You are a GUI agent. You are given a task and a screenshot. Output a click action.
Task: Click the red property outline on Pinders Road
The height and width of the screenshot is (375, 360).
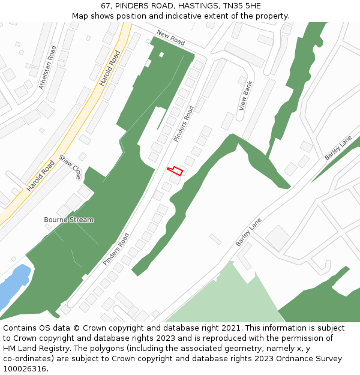175,171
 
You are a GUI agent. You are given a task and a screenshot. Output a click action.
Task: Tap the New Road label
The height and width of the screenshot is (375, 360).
170,38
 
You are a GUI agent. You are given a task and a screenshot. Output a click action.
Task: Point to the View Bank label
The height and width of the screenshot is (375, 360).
247,95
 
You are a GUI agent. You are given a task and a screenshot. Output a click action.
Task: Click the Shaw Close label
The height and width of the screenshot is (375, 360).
70,167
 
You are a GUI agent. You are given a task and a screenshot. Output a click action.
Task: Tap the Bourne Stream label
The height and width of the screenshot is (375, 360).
69,220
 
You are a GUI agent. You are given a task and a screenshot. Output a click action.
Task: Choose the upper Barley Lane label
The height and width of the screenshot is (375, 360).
338,148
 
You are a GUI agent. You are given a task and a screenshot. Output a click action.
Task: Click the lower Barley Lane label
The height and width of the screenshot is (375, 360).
249,232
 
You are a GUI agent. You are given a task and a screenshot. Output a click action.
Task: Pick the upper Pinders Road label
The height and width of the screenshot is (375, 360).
184,124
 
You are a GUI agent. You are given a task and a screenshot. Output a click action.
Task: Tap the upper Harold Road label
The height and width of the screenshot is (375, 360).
110,68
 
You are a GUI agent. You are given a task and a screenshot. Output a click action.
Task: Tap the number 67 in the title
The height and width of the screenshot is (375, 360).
106,5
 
